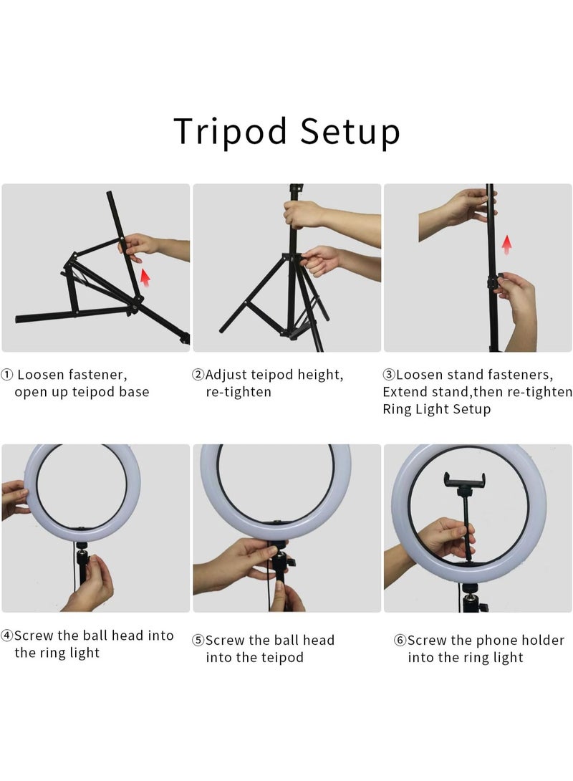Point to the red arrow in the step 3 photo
pyautogui.click(x=507, y=245)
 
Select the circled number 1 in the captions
pyautogui.click(x=6, y=375)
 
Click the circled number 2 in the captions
pyautogui.click(x=198, y=375)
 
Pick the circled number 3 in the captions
pyautogui.click(x=390, y=375)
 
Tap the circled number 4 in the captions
pyautogui.click(x=6, y=636)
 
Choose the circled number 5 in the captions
pyautogui.click(x=198, y=641)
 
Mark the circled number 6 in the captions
pyautogui.click(x=400, y=641)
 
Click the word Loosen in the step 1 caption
pyautogui.click(x=42, y=375)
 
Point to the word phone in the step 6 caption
pyautogui.click(x=495, y=641)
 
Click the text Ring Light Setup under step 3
pyautogui.click(x=436, y=410)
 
